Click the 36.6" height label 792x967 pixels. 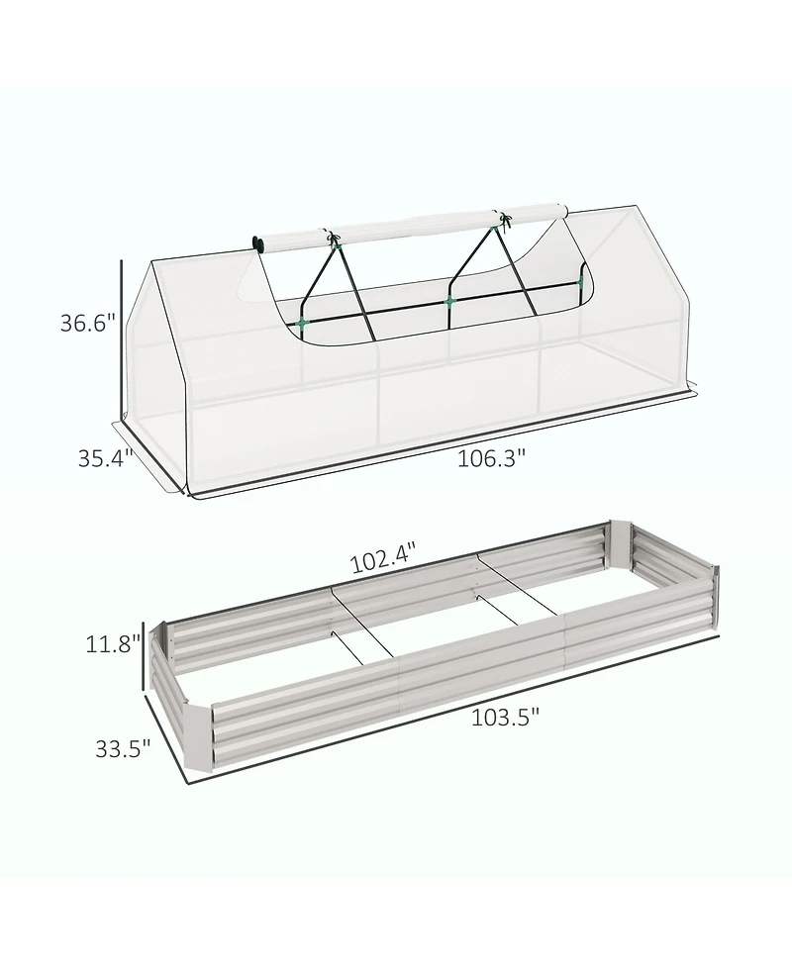(x=87, y=323)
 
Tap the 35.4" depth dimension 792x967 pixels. (x=106, y=459)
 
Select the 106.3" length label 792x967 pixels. (x=491, y=458)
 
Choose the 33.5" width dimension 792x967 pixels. (x=123, y=748)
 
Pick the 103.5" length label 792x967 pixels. (x=505, y=718)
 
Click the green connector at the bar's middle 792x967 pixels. (x=449, y=302)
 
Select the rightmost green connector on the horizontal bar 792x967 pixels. (x=579, y=283)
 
